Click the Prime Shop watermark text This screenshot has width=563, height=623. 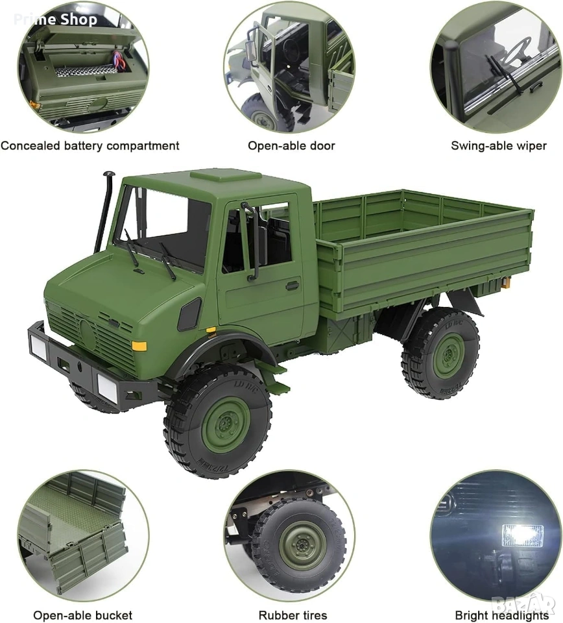[56, 19]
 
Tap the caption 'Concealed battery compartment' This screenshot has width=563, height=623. [90, 146]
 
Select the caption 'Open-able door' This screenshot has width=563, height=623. [291, 146]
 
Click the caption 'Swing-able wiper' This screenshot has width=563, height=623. [499, 146]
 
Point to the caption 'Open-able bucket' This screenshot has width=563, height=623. [82, 615]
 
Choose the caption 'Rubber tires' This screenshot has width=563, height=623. [293, 615]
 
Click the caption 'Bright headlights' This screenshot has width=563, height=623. [501, 615]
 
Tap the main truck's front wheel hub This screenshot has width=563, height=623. [226, 424]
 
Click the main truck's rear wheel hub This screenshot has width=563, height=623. [449, 355]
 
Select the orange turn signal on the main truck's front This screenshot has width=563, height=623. [139, 346]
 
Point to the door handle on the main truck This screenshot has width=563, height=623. [293, 286]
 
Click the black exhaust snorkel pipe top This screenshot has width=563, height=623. [109, 175]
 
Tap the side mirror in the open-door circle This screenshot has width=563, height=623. [252, 51]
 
